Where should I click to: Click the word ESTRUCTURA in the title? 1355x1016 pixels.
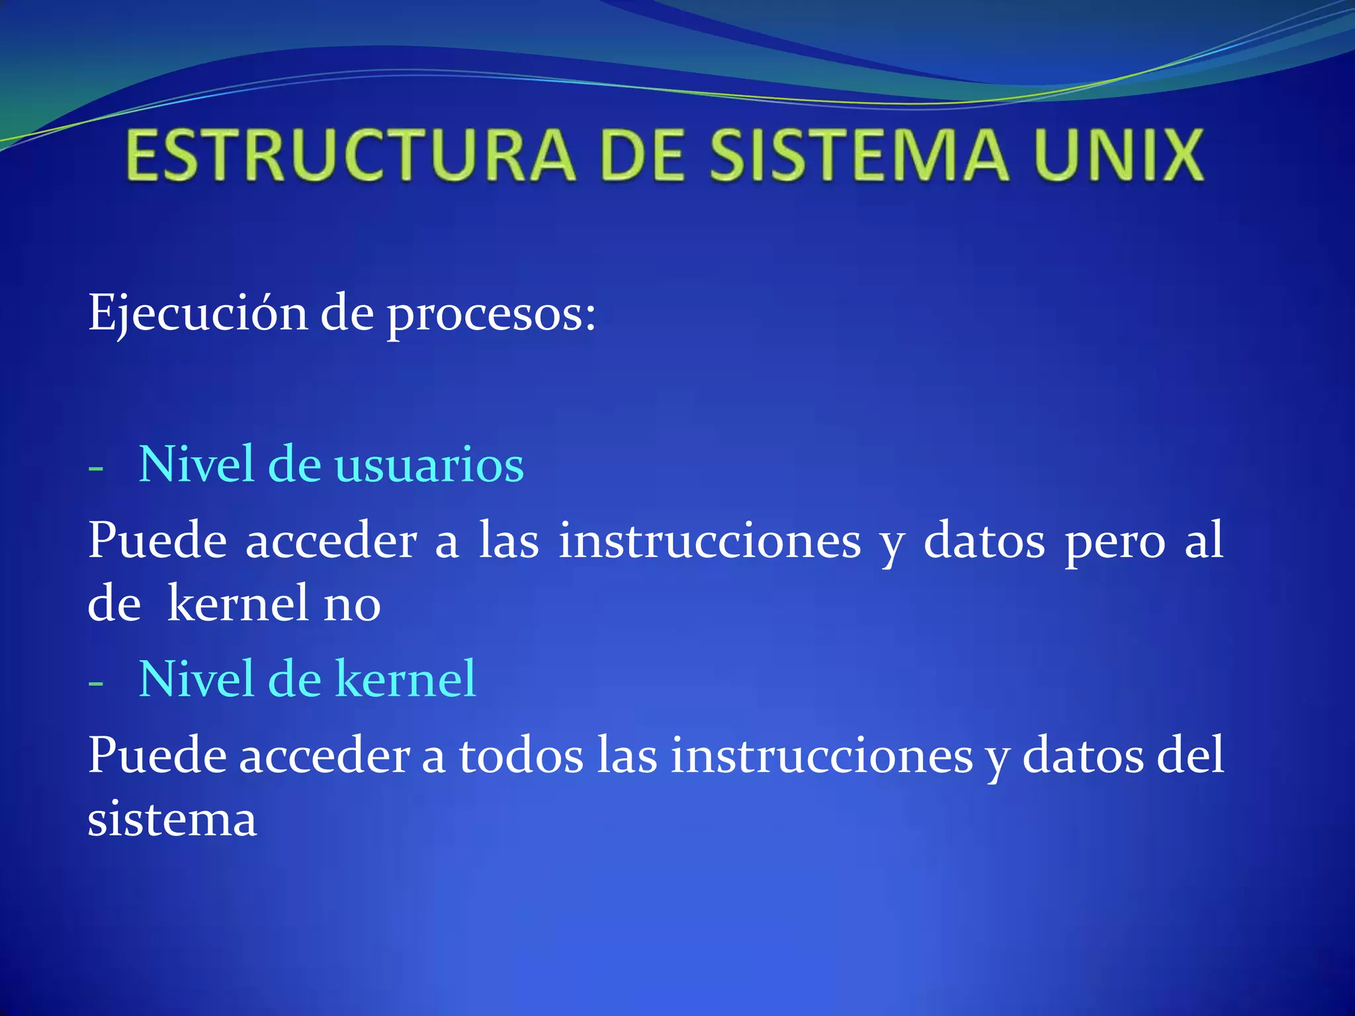click(x=351, y=155)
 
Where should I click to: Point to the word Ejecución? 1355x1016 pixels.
click(x=197, y=314)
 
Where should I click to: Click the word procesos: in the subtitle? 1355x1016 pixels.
click(x=492, y=315)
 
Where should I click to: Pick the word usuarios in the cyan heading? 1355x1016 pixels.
click(x=429, y=465)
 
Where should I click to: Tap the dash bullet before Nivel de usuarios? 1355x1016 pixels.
click(x=96, y=469)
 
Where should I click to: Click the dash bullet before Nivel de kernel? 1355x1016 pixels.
click(x=96, y=683)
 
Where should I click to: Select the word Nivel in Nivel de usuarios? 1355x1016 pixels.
click(x=197, y=464)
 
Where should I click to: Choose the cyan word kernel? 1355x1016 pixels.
click(x=406, y=679)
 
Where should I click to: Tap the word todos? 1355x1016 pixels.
click(x=521, y=756)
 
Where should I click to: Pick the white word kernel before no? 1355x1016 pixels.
click(x=238, y=603)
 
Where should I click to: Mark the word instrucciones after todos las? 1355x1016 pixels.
click(x=822, y=756)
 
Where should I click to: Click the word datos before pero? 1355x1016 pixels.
click(x=984, y=542)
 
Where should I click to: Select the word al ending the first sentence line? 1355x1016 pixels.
click(x=1203, y=540)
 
